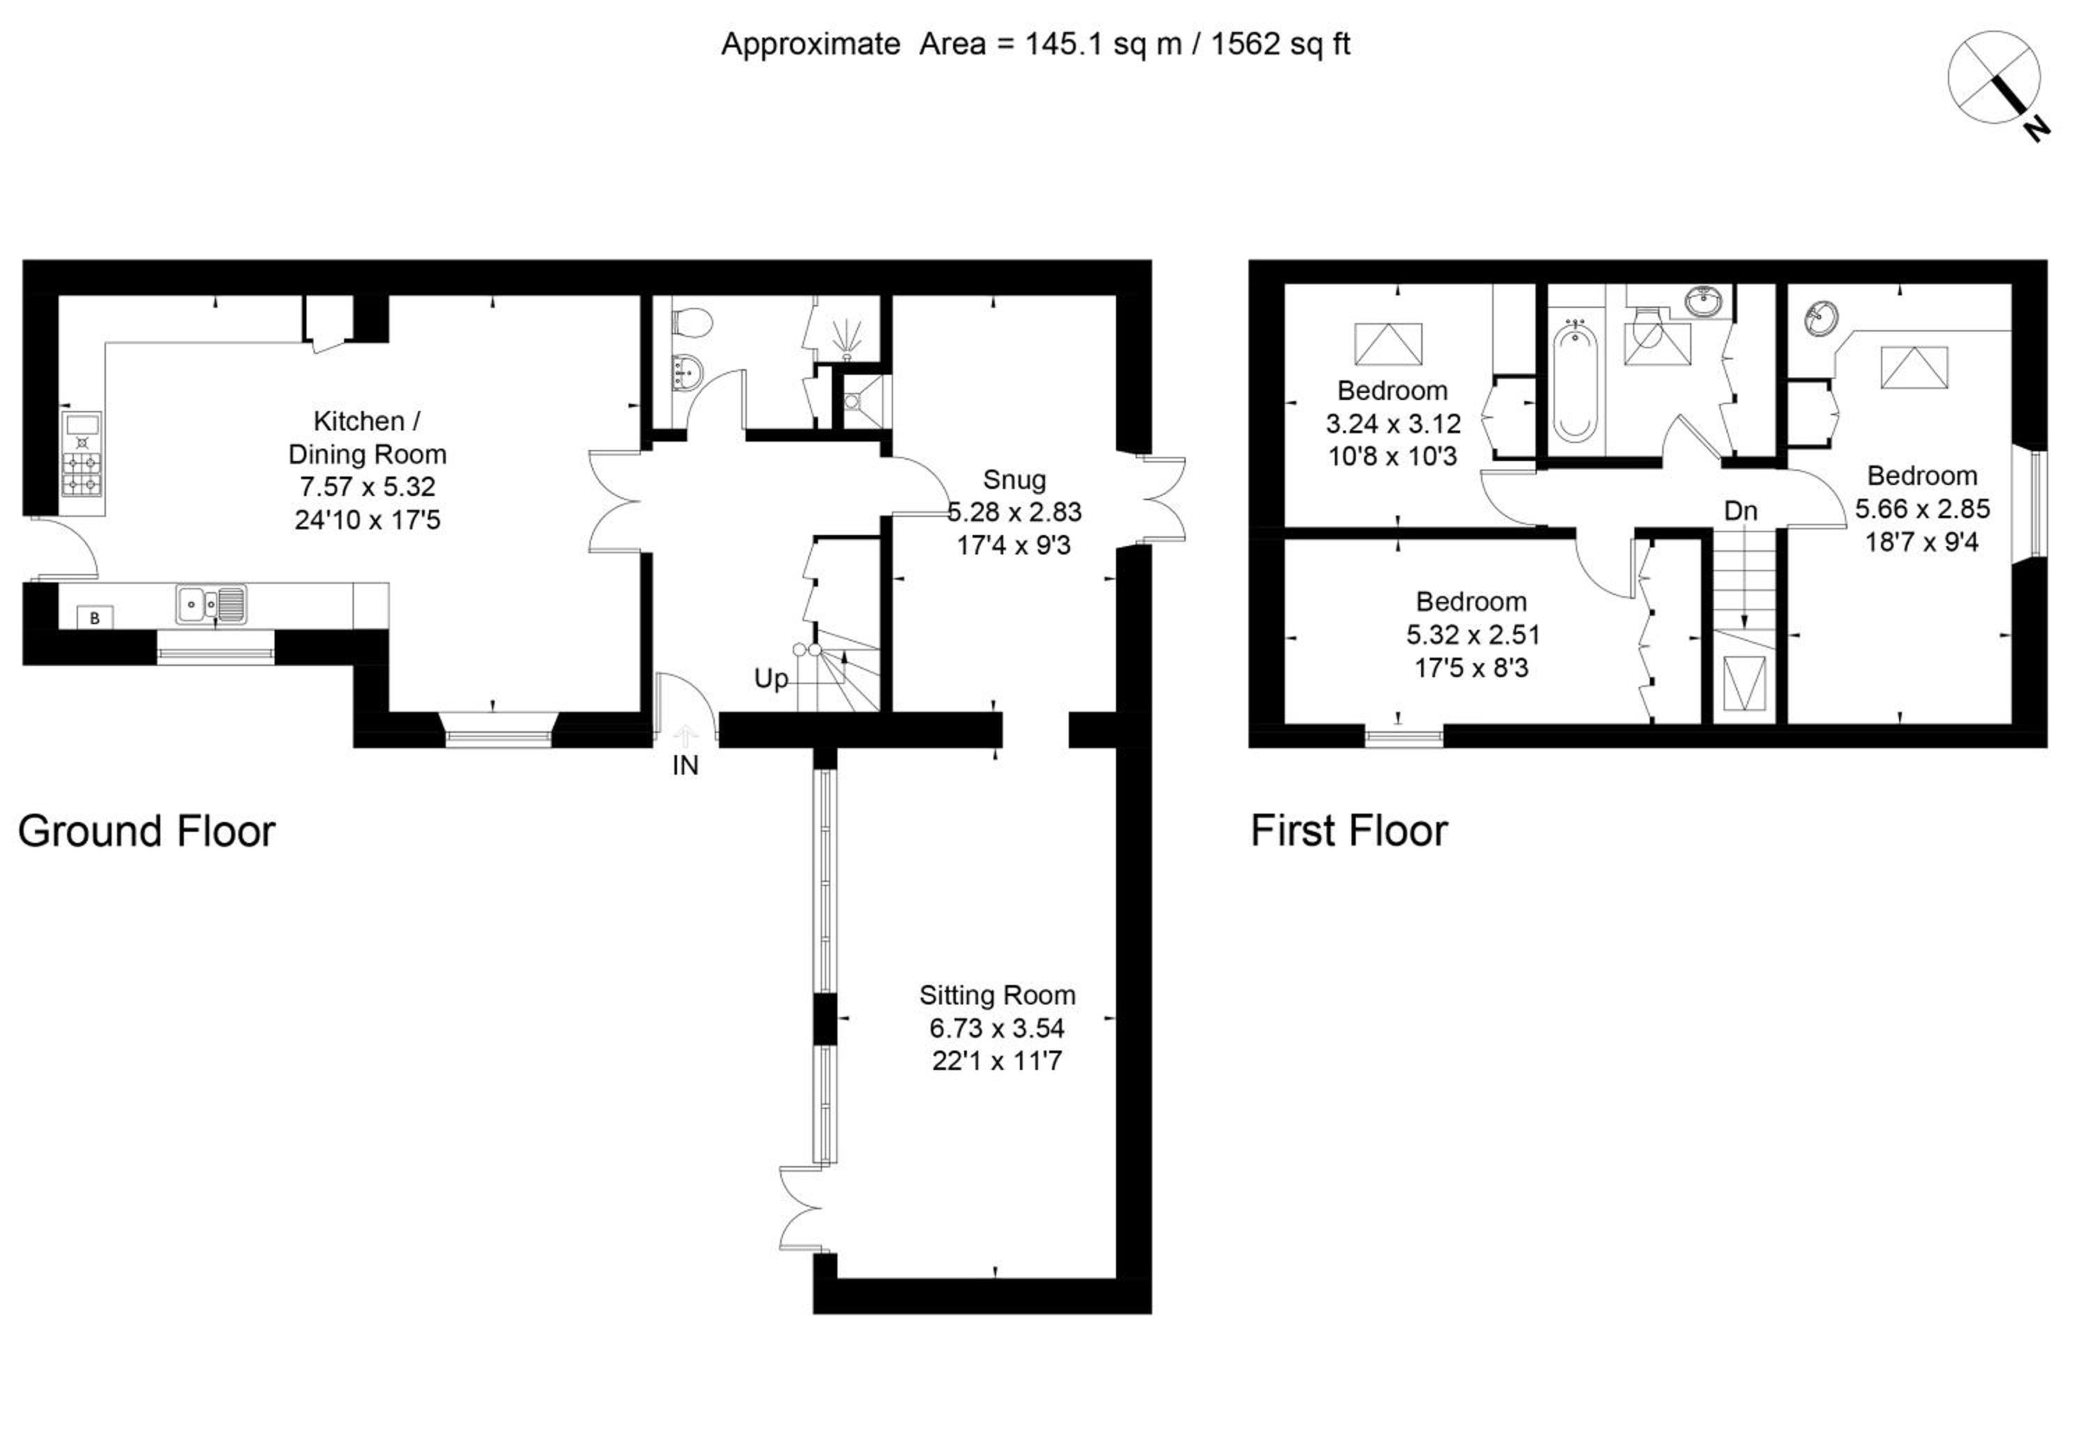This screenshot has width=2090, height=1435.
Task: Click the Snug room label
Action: pyautogui.click(x=1014, y=480)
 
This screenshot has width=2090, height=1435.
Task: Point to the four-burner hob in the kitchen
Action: pyautogui.click(x=82, y=474)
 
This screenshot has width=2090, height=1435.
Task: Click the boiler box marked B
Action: pyautogui.click(x=95, y=619)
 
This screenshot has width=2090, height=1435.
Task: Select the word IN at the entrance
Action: pyautogui.click(x=686, y=766)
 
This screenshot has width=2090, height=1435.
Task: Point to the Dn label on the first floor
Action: pyautogui.click(x=1740, y=511)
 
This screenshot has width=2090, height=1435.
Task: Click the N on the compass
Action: pyautogui.click(x=2037, y=130)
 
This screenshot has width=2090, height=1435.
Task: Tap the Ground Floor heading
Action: pyautogui.click(x=146, y=831)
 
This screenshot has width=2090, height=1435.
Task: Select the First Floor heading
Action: pyautogui.click(x=1349, y=831)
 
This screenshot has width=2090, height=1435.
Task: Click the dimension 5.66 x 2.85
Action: pyautogui.click(x=1922, y=509)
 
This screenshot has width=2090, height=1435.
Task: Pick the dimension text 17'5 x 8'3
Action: pyautogui.click(x=1472, y=668)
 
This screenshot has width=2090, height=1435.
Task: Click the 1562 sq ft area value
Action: pyautogui.click(x=1280, y=44)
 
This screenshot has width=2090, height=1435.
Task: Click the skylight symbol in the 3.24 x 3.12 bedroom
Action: pyautogui.click(x=1388, y=344)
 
